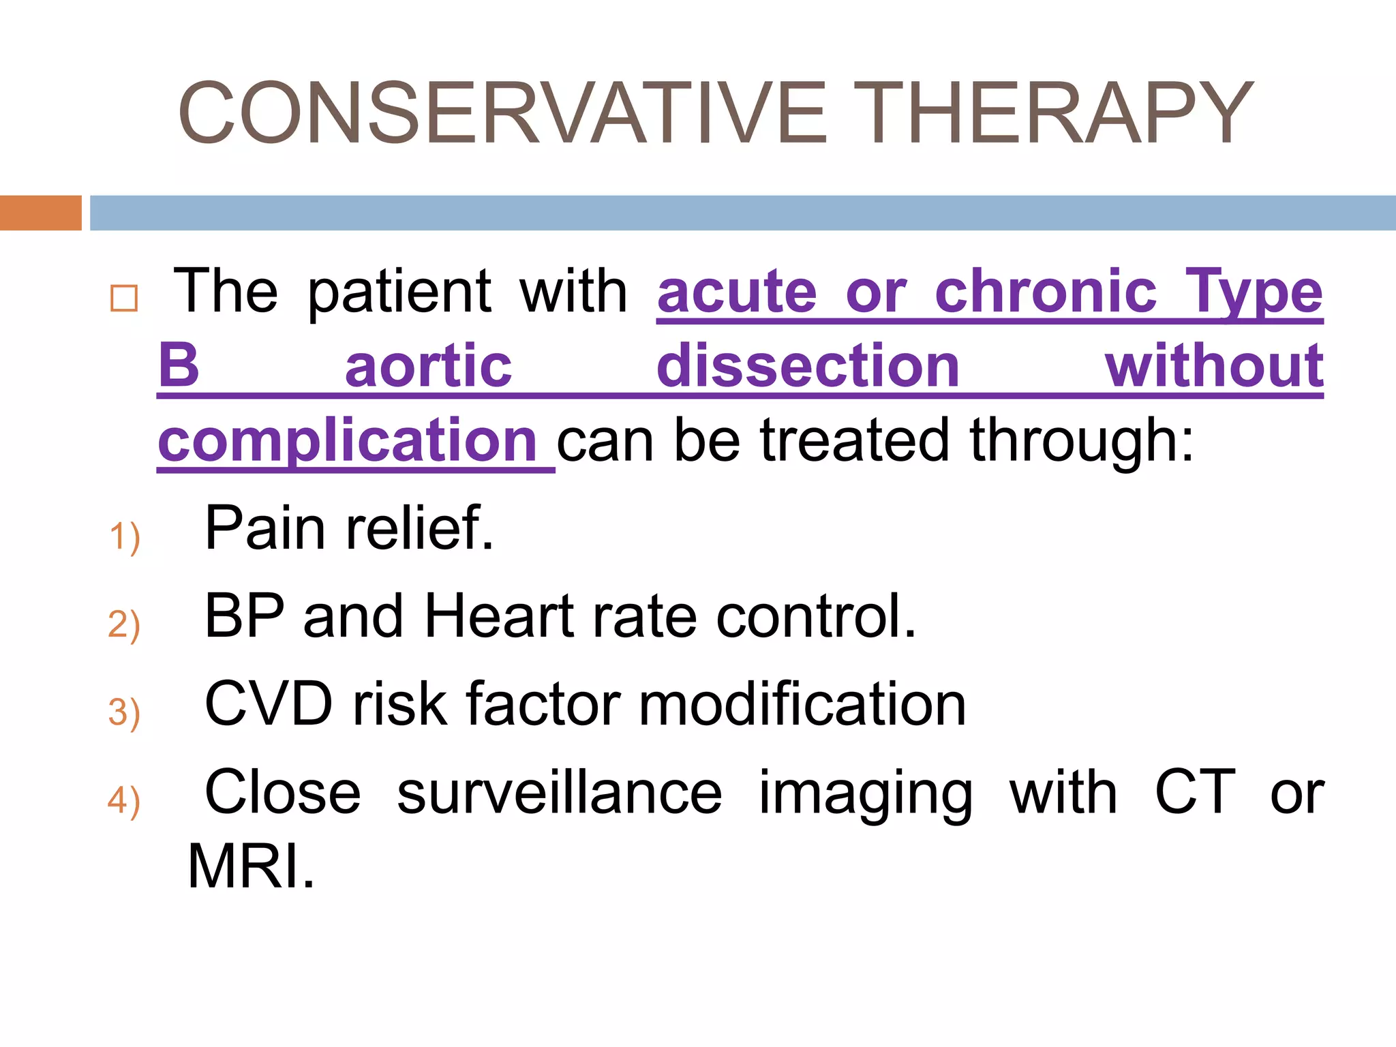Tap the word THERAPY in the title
pyautogui.click(x=1060, y=113)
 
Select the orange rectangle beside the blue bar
pyautogui.click(x=40, y=213)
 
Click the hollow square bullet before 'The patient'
pyautogui.click(x=124, y=299)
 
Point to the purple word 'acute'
pyautogui.click(x=737, y=292)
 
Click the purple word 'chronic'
pyautogui.click(x=1046, y=292)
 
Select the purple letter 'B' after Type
pyautogui.click(x=179, y=365)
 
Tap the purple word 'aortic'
pyautogui.click(x=428, y=367)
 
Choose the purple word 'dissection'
pyautogui.click(x=808, y=365)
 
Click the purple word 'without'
pyautogui.click(x=1214, y=365)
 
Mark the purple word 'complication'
pyautogui.click(x=348, y=442)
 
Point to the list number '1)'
pyautogui.click(x=124, y=536)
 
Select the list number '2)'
pyautogui.click(x=124, y=624)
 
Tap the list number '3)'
pyautogui.click(x=124, y=712)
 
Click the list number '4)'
pyautogui.click(x=124, y=800)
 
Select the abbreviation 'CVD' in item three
pyautogui.click(x=269, y=704)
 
